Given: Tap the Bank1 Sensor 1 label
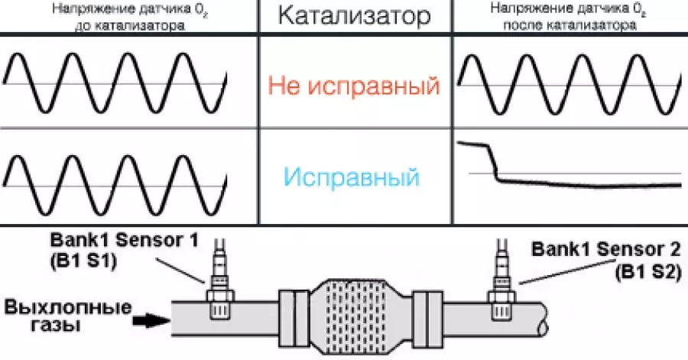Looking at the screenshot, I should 128,239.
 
